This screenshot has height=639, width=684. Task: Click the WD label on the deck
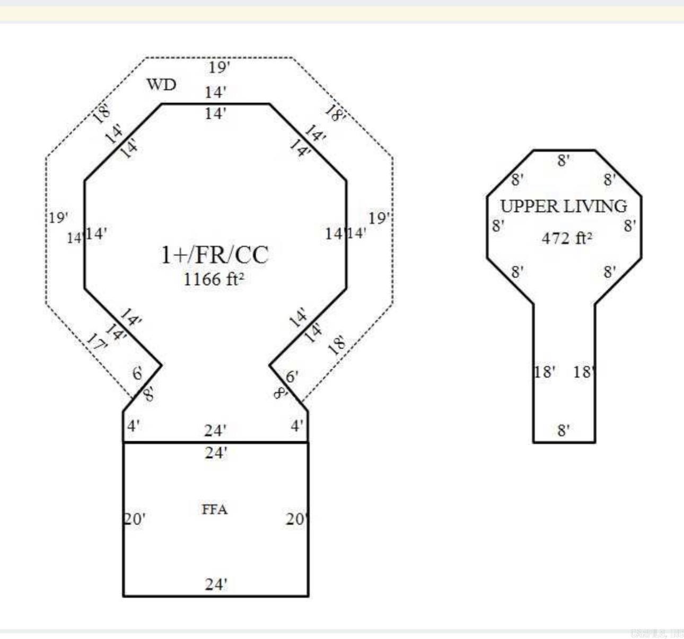click(x=161, y=84)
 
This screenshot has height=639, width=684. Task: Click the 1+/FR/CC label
click(x=215, y=255)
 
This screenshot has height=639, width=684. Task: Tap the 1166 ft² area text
click(x=214, y=279)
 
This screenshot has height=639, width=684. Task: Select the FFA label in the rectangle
click(x=215, y=509)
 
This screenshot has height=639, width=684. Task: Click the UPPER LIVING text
click(x=564, y=206)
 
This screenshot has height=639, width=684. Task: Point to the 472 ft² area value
click(x=566, y=238)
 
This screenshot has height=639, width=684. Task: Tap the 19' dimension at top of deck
click(x=219, y=67)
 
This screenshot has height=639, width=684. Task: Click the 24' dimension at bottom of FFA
click(x=216, y=584)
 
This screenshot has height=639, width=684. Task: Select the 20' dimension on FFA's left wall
click(x=135, y=519)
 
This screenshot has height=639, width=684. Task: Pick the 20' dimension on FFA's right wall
click(x=296, y=519)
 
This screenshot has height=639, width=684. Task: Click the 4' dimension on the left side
click(x=134, y=425)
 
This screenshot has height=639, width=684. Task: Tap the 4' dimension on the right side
click(x=297, y=425)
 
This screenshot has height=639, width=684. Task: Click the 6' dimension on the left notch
click(x=138, y=374)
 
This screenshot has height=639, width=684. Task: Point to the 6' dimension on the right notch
click(x=292, y=377)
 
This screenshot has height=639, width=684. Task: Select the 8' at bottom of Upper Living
click(x=564, y=430)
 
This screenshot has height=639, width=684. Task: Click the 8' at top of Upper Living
click(x=564, y=160)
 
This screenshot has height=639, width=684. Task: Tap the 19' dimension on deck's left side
click(x=58, y=217)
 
